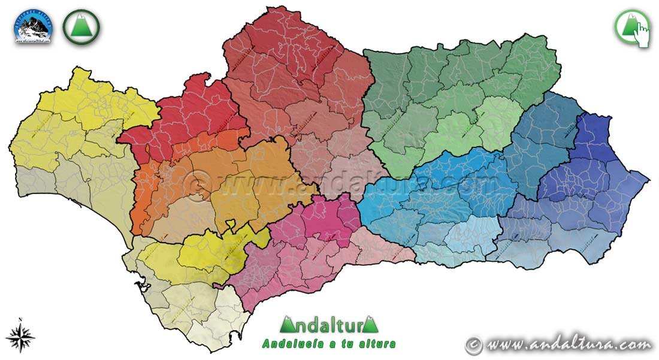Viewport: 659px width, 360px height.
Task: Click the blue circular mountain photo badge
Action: point(33,26)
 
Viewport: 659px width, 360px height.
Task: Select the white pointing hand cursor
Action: point(642,34)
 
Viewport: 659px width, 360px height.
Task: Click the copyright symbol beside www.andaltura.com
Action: point(474,344)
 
